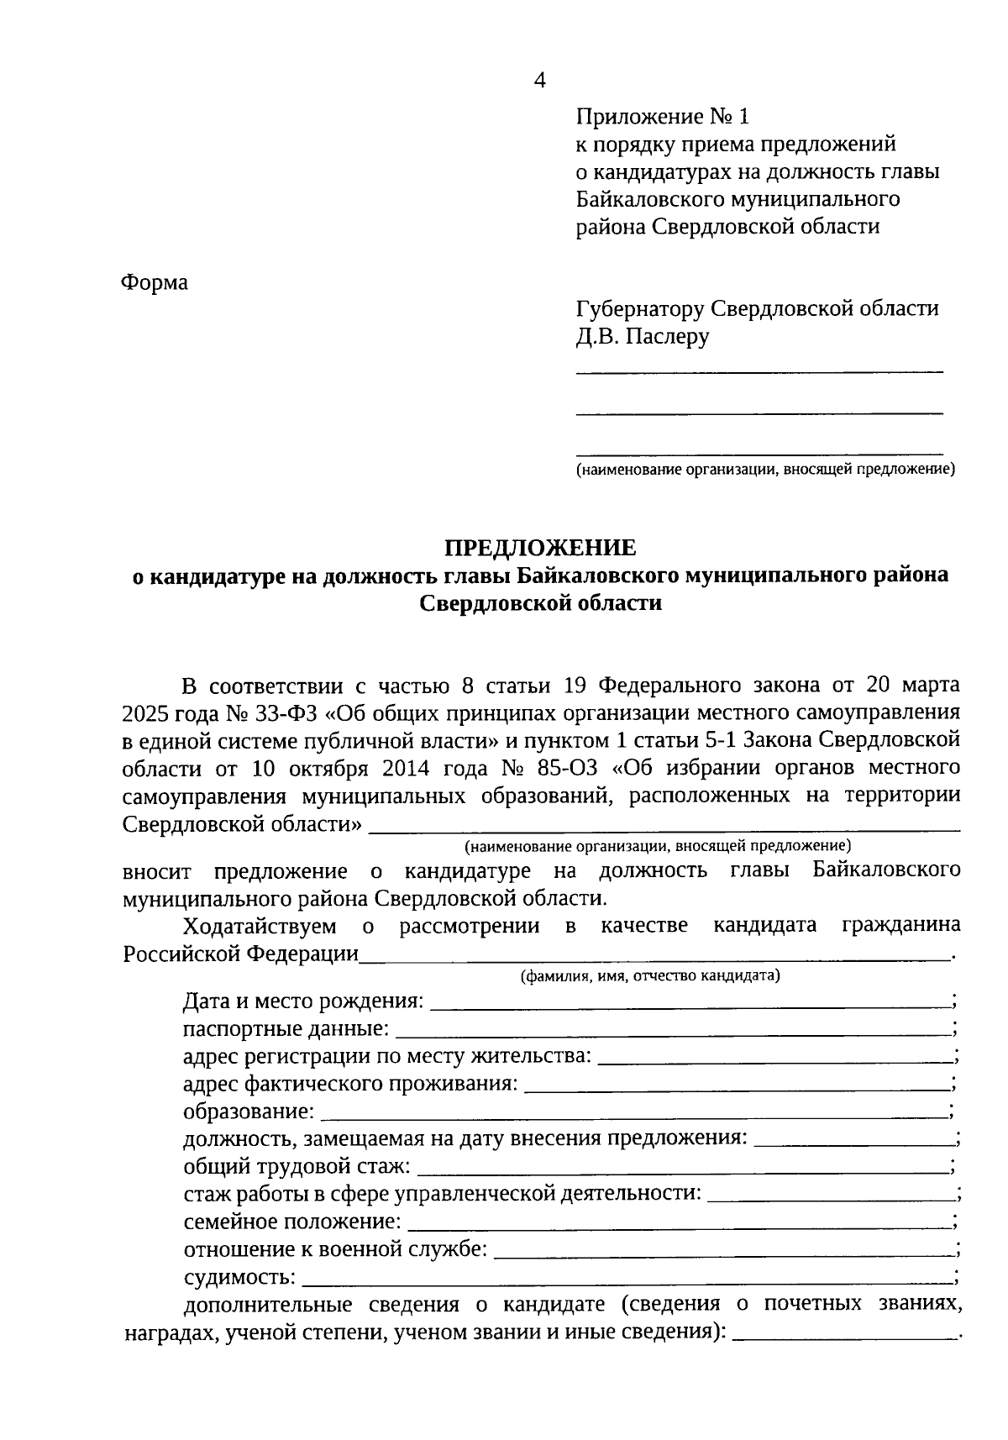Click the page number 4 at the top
[540, 81]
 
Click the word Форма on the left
[155, 282]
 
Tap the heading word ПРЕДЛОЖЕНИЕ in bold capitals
[540, 548]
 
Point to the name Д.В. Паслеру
[642, 337]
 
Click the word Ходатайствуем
[260, 926]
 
